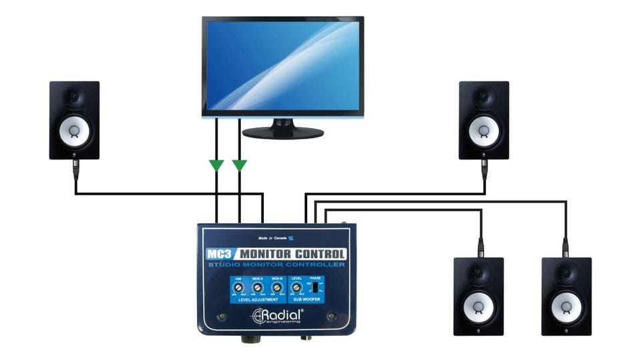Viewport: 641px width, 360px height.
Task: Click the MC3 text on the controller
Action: click(220, 254)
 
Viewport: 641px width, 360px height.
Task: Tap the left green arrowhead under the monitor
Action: click(216, 164)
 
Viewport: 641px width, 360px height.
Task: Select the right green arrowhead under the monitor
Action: click(239, 164)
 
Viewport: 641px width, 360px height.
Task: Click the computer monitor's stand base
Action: click(282, 133)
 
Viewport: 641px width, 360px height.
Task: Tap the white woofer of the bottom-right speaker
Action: click(566, 306)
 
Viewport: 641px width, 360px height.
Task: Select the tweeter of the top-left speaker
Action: click(75, 98)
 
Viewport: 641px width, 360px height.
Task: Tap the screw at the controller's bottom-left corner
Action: click(222, 315)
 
